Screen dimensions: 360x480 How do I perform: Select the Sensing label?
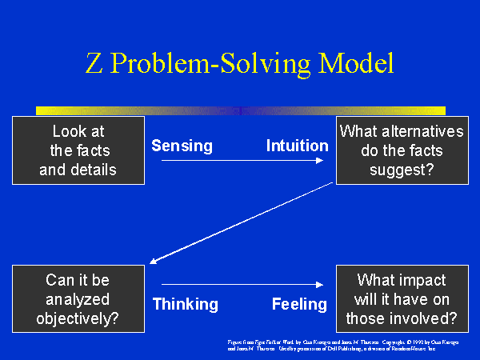[x=182, y=146]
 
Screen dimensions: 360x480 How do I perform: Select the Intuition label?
[x=297, y=146]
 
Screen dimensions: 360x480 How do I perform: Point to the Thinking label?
[x=185, y=304]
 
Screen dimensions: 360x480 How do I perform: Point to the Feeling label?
[x=299, y=304]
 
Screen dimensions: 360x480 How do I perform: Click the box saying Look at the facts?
[x=78, y=150]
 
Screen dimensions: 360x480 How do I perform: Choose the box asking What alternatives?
[x=402, y=150]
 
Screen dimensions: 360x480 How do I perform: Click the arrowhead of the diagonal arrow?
[x=154, y=261]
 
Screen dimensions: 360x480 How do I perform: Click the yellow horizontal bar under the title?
[x=240, y=110]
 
